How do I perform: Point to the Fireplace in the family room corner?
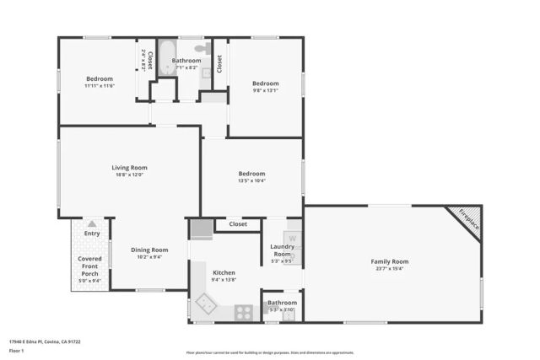tap(467, 219)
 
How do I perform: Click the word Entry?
tap(91, 223)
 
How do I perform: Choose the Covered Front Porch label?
tap(90, 266)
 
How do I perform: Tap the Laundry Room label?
tap(281, 250)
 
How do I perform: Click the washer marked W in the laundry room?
tap(292, 238)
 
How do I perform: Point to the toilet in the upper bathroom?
tap(200, 49)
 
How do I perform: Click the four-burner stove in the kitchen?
tap(244, 311)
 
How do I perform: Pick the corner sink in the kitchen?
tap(205, 304)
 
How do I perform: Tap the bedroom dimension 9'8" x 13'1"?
tap(265, 94)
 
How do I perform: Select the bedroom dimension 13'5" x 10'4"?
tap(251, 180)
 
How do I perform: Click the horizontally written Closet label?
tap(238, 224)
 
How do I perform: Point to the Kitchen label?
tap(224, 272)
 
